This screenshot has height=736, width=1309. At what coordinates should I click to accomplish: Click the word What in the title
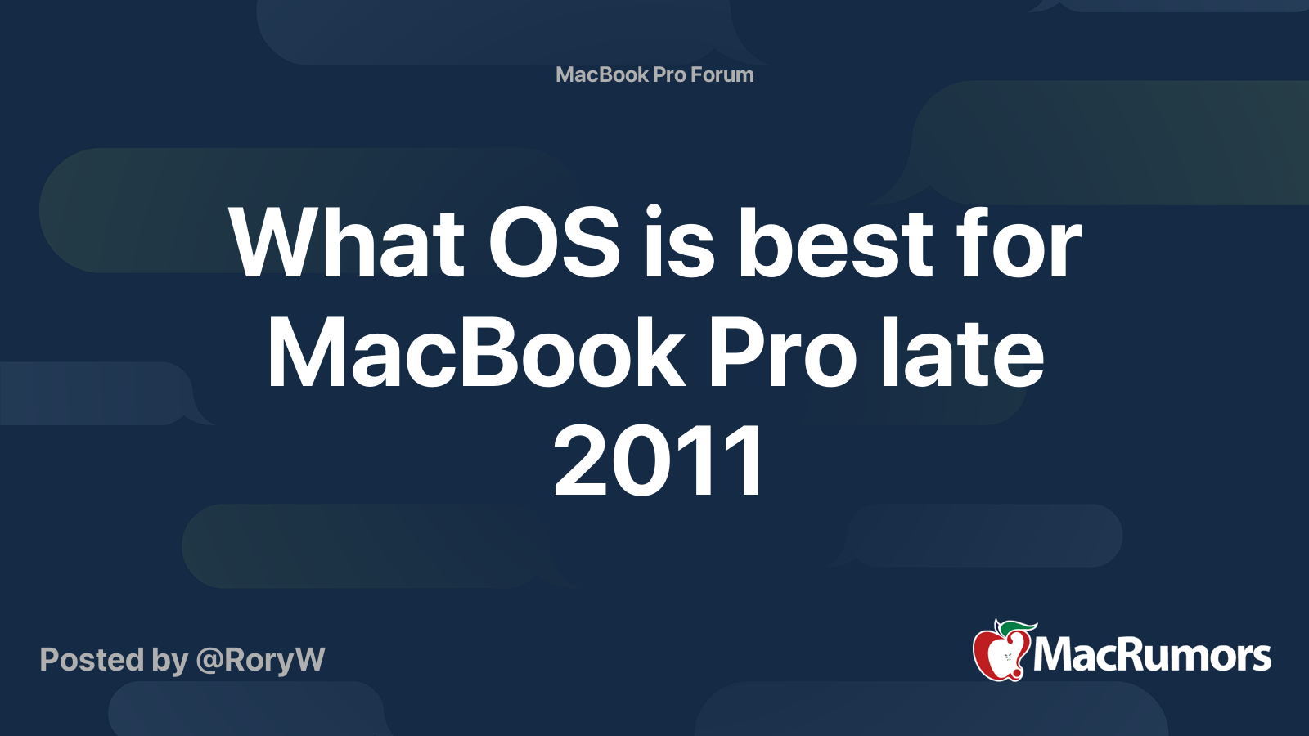point(347,242)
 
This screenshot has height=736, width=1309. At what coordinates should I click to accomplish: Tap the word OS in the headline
point(554,242)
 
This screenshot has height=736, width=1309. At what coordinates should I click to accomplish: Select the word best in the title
point(835,242)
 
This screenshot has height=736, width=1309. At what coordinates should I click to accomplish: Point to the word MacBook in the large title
point(475,352)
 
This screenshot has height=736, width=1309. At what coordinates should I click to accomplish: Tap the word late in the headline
point(962,352)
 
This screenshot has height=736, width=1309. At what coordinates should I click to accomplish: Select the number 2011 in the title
point(658,461)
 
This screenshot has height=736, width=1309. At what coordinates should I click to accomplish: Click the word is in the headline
point(679,242)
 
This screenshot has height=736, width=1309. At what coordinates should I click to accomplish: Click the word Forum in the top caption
point(722,74)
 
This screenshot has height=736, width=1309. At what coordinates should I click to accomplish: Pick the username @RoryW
point(261,660)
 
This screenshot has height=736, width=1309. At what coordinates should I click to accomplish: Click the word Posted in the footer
point(92,659)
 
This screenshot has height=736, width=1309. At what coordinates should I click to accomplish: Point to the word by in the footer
point(170,662)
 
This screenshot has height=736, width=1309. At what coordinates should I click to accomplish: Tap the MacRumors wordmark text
point(1152,656)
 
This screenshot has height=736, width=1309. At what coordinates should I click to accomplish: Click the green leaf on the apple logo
point(1018,629)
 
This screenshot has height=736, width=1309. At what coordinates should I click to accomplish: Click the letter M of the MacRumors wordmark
point(1055,655)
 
